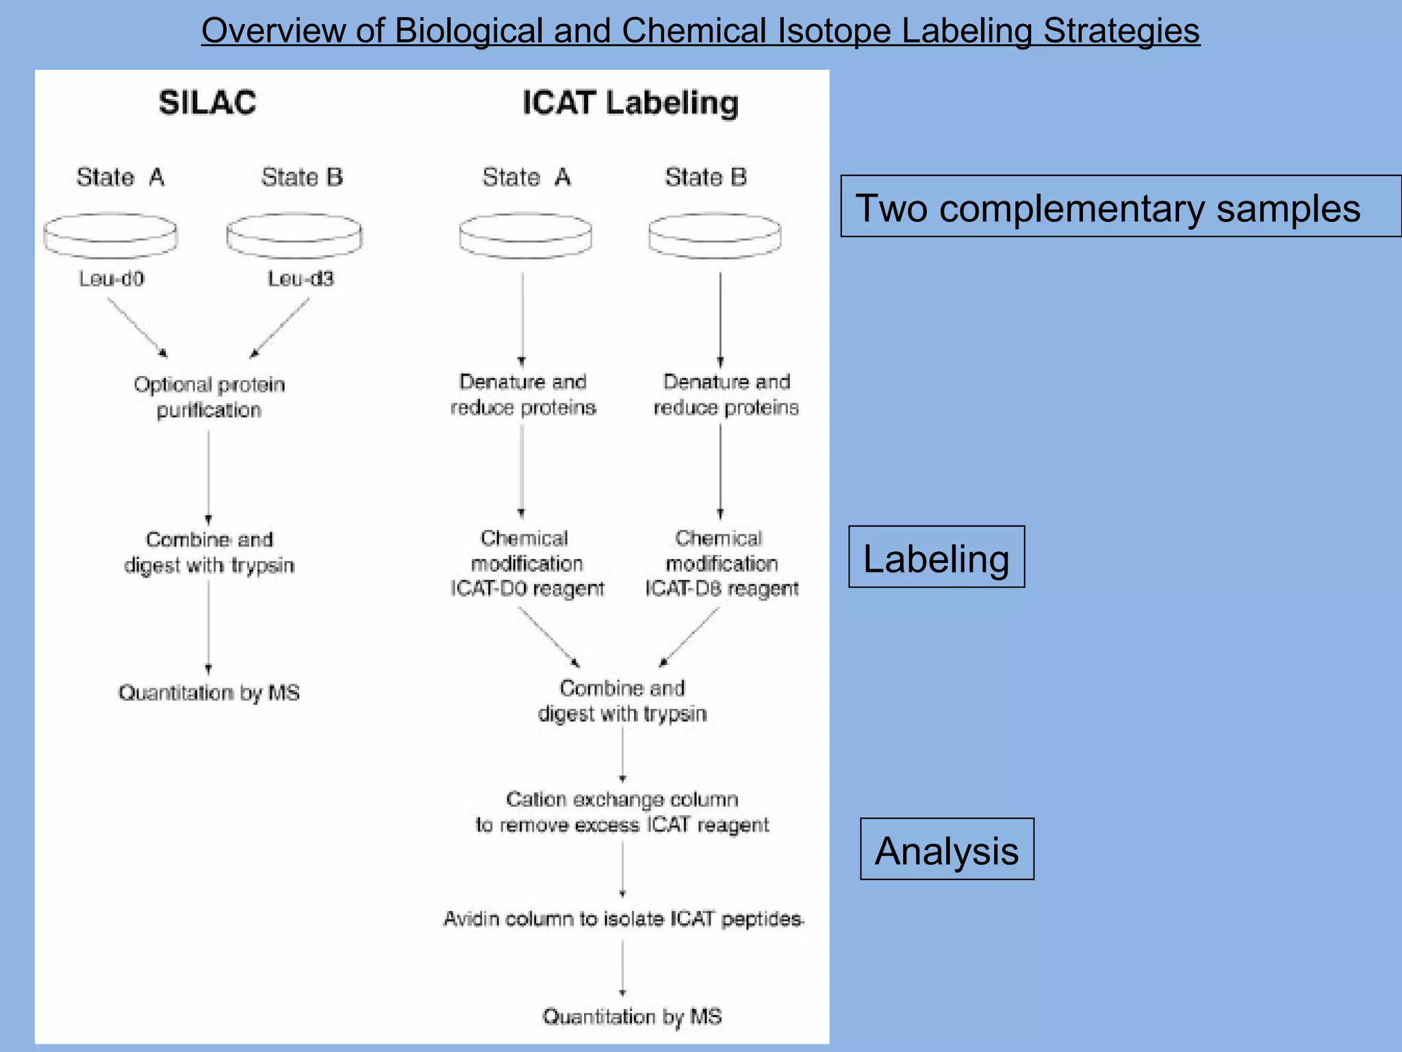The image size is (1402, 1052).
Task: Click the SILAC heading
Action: pos(207,103)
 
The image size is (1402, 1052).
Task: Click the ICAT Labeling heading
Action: pos(630,103)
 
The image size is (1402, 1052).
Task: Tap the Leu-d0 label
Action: pos(112,279)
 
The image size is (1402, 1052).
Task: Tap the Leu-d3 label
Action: pos(301,279)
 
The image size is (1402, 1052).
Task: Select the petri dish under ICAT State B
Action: pos(715,236)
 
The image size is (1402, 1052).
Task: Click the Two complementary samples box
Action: pos(1120,206)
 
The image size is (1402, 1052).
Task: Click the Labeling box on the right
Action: pos(936,557)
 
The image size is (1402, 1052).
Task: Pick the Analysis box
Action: pos(947,849)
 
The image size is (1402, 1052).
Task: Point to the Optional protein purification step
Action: pos(209,397)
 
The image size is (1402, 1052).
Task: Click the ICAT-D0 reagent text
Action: pos(527,589)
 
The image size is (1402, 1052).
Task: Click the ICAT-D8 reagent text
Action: pos(722,589)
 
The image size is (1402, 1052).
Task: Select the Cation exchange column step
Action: pos(622,812)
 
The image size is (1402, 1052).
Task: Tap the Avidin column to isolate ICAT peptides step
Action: pos(622,918)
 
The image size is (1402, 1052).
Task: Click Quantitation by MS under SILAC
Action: pos(209,693)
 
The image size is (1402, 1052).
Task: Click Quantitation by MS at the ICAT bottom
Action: pos(632,1016)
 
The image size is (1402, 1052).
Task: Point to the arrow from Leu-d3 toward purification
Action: pos(279,328)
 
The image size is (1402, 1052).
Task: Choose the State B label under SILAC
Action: pos(302,177)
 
